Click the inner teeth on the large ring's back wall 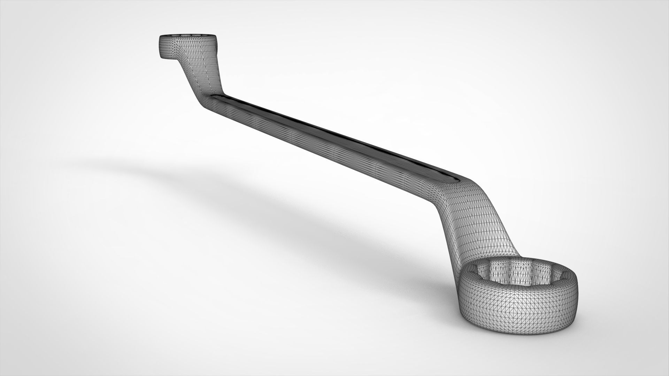click(516, 270)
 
